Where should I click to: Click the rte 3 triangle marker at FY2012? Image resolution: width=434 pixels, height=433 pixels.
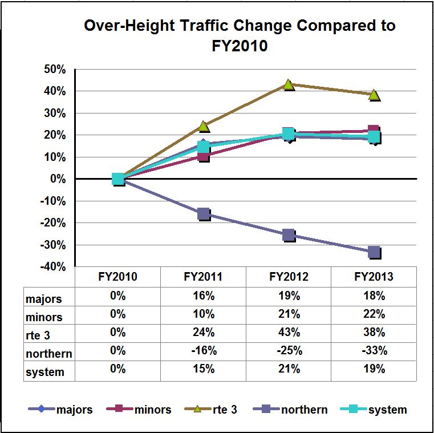(x=288, y=84)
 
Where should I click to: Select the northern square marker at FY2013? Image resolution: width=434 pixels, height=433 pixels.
(x=374, y=252)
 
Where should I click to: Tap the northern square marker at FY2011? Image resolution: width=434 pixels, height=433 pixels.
(x=204, y=214)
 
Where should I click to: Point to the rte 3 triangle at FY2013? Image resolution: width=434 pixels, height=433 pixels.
(x=374, y=95)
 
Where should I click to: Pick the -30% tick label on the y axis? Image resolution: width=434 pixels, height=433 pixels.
(x=53, y=245)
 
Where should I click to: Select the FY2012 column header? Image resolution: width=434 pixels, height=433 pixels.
(x=289, y=278)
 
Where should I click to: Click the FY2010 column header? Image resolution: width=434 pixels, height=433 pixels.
(x=118, y=278)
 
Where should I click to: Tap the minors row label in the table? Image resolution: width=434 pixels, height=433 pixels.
(x=44, y=317)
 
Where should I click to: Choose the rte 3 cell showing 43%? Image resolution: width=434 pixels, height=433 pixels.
(x=289, y=333)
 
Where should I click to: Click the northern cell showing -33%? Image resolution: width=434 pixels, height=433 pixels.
(x=374, y=351)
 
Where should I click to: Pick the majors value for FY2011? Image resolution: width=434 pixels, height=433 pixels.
(x=204, y=296)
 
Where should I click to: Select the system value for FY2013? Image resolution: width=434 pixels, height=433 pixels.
(x=374, y=369)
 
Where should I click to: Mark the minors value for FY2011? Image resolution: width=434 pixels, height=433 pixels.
(x=204, y=314)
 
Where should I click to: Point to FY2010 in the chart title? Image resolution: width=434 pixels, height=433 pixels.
(x=240, y=46)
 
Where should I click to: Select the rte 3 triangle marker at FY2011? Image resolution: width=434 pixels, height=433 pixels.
(x=204, y=126)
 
